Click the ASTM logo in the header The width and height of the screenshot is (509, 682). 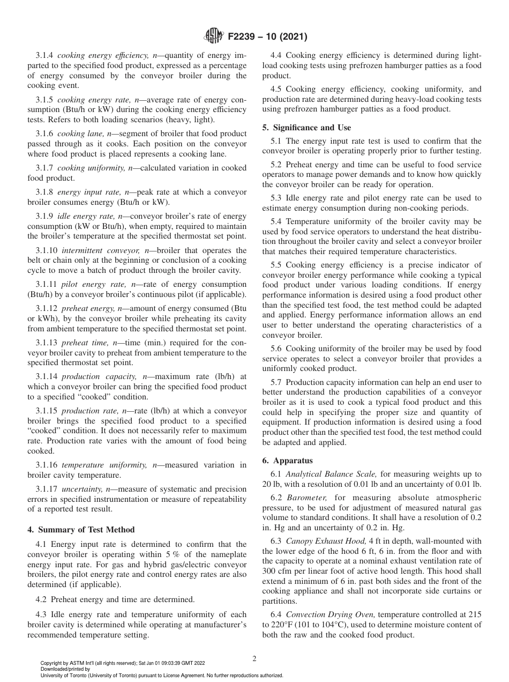214,37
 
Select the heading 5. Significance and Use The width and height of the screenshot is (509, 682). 306,128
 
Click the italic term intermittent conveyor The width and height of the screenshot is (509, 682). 95,250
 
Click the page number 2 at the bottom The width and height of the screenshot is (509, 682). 254,659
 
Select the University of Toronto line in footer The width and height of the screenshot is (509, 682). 161,675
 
